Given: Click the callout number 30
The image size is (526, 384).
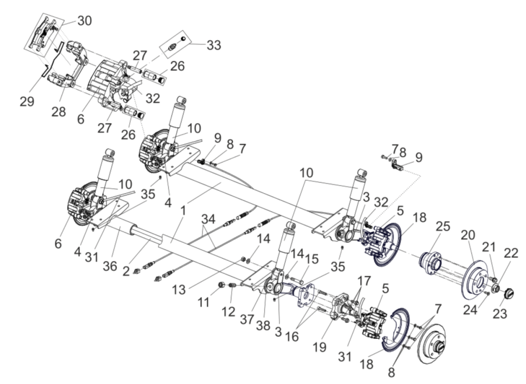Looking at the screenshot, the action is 85,21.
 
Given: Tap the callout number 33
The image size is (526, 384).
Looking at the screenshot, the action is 214,45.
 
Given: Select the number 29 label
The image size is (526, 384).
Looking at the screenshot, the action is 27,101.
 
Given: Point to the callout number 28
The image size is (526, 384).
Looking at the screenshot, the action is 59,111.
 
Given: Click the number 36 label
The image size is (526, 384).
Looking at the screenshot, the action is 110,266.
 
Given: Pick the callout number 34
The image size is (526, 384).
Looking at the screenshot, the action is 209,219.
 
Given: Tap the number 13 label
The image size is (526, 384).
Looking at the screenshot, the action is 179,290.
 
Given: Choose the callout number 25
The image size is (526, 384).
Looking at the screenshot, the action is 443,226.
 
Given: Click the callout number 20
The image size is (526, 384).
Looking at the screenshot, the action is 468,235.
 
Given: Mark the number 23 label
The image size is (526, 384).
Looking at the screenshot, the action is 500,313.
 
